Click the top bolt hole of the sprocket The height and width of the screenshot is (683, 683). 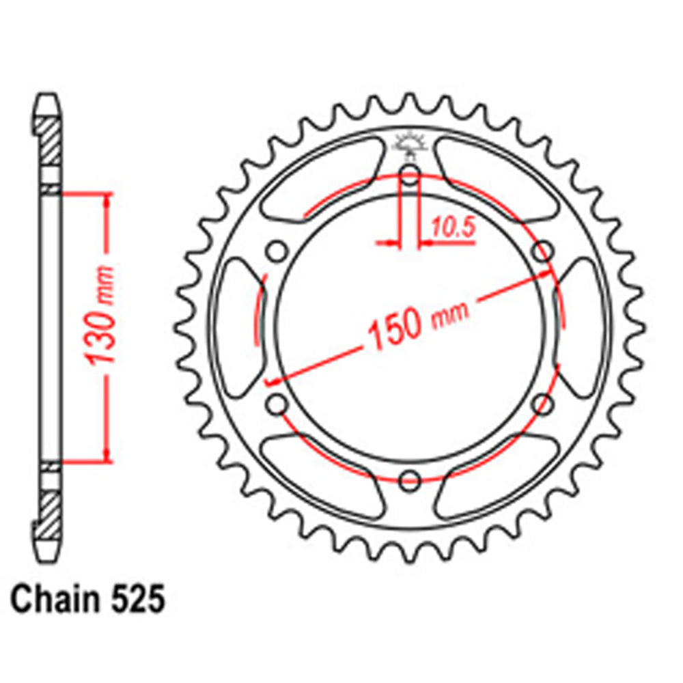click(x=409, y=175)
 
